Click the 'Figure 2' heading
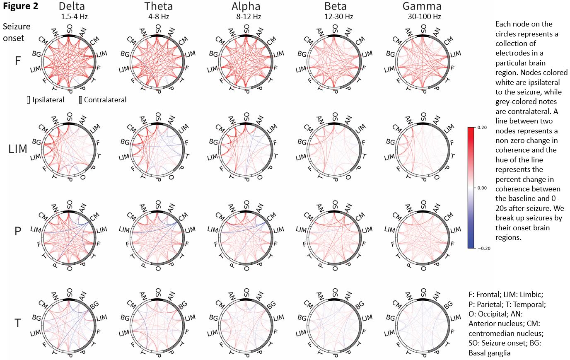21,6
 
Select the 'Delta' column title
72,6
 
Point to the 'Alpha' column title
246,6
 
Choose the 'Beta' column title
336,6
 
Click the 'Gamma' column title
422,6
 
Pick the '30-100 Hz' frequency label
424,17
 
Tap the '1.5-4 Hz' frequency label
74,17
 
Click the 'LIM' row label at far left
18,149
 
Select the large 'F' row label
18,61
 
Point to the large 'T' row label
18,323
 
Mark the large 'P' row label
18,231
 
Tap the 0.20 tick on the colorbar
482,128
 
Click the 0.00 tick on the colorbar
482,188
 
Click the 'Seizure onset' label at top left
17,32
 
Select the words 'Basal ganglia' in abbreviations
489,353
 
